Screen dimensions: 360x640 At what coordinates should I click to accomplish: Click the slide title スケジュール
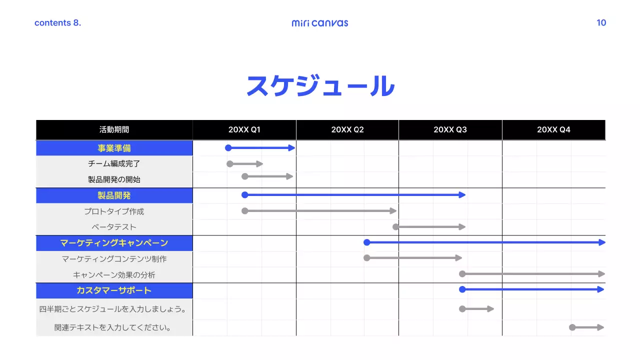point(320,86)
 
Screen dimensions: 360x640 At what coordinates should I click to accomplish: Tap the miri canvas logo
point(320,23)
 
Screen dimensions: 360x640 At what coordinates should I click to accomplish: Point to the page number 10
point(601,22)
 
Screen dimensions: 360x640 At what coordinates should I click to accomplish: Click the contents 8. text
point(57,23)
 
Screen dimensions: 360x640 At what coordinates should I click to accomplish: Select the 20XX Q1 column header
point(244,130)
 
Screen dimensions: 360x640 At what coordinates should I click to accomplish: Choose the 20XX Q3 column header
point(450,130)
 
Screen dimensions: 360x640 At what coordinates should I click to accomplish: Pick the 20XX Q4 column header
point(553,130)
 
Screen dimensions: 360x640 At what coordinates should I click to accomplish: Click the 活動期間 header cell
point(114,130)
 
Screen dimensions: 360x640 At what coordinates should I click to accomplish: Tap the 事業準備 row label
point(114,148)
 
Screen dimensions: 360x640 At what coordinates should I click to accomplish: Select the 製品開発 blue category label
point(114,195)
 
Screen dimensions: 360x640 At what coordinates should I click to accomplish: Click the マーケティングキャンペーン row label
point(114,243)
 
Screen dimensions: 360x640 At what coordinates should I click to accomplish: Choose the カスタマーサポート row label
point(114,290)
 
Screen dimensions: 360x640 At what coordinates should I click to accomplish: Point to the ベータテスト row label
point(114,227)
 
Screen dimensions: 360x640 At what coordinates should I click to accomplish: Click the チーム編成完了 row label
point(114,163)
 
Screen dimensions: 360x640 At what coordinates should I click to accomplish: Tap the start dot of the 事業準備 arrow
point(228,147)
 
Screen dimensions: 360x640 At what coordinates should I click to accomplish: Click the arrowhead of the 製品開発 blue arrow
point(462,195)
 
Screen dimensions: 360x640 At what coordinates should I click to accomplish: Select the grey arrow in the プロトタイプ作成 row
point(320,211)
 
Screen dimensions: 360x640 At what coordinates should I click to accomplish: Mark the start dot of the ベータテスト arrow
point(395,227)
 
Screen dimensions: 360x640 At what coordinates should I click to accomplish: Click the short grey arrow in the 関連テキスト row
point(587,327)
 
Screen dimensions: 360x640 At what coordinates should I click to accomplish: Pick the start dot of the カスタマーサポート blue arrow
point(462,289)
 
